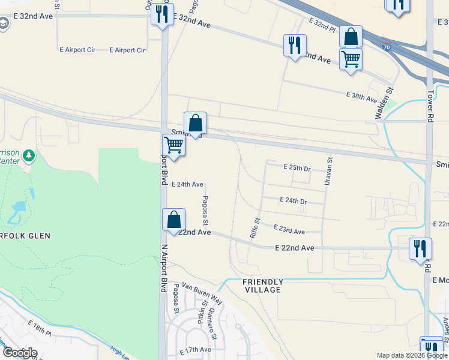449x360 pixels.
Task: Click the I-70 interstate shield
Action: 386,46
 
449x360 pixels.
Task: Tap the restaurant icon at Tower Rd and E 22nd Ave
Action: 420,248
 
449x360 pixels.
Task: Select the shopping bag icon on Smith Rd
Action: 195,123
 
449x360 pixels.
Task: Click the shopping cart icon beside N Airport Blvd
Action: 173,145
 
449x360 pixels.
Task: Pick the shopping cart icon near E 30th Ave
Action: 351,59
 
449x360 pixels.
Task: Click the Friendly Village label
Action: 262,286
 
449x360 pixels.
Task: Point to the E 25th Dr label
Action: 297,167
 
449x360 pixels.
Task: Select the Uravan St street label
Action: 328,170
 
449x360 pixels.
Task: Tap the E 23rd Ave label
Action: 289,230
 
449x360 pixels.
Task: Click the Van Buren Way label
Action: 202,294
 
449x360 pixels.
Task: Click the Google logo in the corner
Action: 20,353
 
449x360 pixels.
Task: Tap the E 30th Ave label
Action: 361,96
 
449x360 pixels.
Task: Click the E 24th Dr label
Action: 294,200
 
